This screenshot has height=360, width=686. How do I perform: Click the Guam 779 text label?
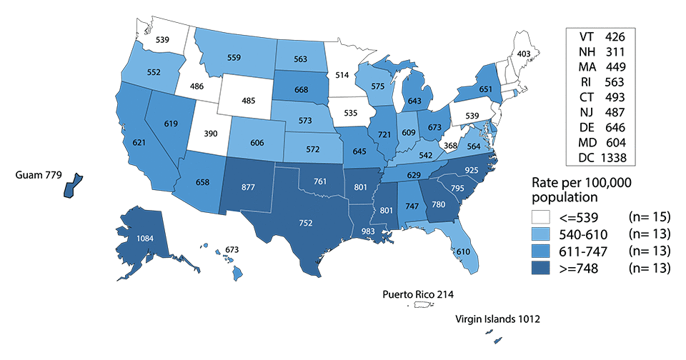point(35,174)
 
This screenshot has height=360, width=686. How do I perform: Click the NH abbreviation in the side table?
point(580,51)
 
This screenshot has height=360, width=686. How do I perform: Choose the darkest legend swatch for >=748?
point(543,269)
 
